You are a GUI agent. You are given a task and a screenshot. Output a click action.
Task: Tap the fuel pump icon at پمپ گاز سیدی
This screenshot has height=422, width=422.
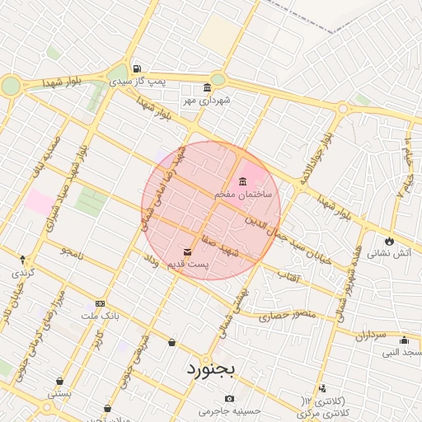(x=136, y=69)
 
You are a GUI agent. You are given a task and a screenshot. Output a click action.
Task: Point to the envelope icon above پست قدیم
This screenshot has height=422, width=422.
(x=187, y=251)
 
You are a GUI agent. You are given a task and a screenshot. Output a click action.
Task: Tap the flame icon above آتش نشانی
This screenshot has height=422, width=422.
(x=388, y=241)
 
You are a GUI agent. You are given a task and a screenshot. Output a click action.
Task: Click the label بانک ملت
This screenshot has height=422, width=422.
(x=101, y=316)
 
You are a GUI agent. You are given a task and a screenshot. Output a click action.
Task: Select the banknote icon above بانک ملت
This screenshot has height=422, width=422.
(x=101, y=303)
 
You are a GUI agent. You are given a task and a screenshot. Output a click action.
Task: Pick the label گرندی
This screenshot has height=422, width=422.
(x=21, y=271)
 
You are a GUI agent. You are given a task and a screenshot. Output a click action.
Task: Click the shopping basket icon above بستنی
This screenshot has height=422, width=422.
(x=60, y=381)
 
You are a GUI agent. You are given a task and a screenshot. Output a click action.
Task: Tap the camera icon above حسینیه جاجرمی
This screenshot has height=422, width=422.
(x=229, y=399)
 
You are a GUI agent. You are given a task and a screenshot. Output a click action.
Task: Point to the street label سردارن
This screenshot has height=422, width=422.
(x=371, y=335)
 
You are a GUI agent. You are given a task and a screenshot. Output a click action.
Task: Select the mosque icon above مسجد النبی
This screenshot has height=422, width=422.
(x=404, y=340)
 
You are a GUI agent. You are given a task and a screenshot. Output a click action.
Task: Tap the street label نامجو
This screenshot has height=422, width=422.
(x=72, y=248)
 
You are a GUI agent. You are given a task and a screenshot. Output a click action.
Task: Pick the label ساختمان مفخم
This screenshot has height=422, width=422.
(x=237, y=195)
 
